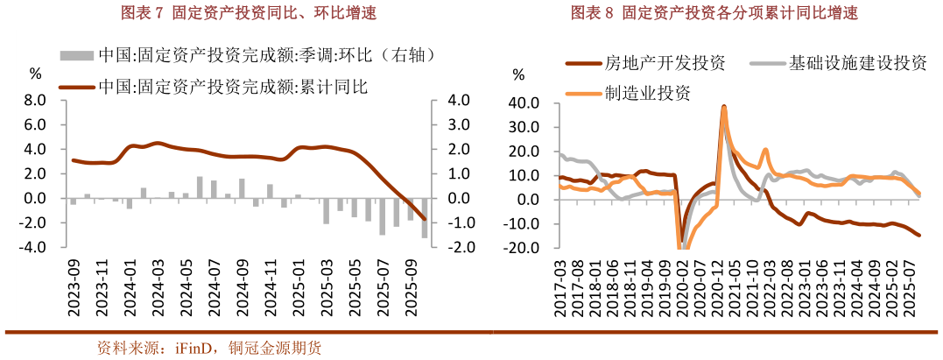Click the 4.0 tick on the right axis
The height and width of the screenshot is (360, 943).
(x=460, y=101)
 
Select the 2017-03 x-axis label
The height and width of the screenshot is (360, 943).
(x=560, y=289)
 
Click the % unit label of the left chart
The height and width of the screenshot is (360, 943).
(x=35, y=74)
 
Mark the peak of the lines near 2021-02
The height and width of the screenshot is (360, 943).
(x=724, y=107)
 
